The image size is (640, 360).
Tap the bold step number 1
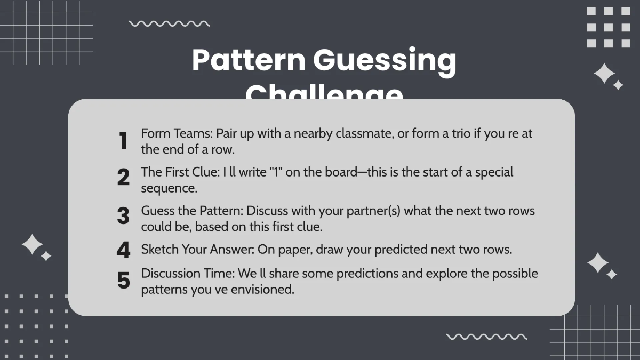(x=123, y=141)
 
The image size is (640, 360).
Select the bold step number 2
(x=123, y=178)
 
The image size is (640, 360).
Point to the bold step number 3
(x=123, y=216)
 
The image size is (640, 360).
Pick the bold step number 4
(x=123, y=250)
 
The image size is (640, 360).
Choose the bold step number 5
(x=123, y=281)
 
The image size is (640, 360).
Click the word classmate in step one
(x=364, y=134)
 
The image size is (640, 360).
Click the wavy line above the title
(x=170, y=24)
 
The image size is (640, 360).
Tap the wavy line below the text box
(x=486, y=337)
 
